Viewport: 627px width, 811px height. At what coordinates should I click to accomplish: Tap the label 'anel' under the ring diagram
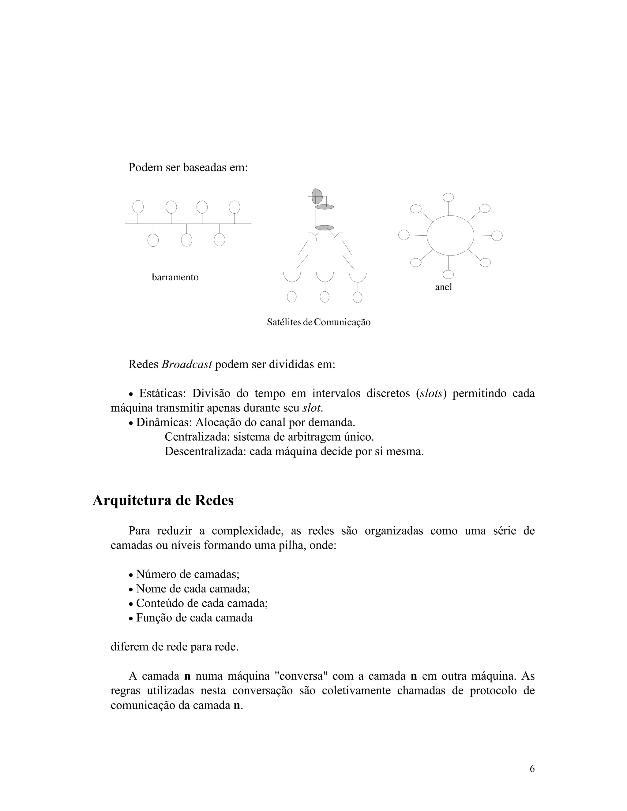[x=444, y=287]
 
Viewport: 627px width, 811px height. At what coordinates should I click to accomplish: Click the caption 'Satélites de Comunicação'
[x=318, y=322]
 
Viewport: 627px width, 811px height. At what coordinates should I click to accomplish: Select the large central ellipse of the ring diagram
[x=450, y=235]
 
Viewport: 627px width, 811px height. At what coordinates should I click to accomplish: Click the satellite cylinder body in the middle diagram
[x=324, y=217]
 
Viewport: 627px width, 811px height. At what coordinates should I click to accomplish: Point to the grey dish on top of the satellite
[x=317, y=196]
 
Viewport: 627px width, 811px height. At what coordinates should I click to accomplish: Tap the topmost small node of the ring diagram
[x=448, y=197]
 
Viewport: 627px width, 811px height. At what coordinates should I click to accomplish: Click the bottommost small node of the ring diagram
[x=448, y=275]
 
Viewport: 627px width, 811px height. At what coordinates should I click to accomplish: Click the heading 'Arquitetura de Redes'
[x=163, y=500]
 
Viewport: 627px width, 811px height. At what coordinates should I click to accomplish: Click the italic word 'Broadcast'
[x=186, y=364]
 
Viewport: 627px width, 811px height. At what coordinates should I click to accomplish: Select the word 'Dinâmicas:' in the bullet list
[x=164, y=422]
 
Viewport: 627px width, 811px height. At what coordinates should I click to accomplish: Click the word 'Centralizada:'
[x=197, y=437]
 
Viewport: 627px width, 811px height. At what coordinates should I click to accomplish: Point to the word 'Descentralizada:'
[x=205, y=451]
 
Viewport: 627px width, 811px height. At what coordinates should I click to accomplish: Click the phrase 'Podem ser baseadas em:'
[x=188, y=167]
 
